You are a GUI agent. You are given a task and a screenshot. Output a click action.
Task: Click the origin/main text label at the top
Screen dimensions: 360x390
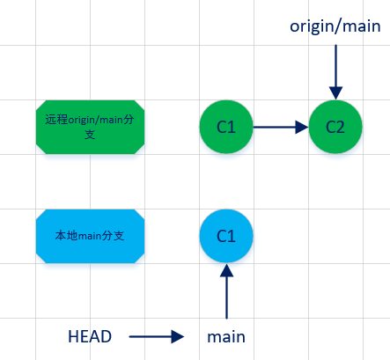(x=335, y=26)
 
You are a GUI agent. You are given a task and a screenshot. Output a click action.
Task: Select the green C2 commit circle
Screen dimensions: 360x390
(x=335, y=127)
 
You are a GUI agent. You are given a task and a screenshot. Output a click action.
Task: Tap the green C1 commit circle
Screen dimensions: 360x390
(x=226, y=127)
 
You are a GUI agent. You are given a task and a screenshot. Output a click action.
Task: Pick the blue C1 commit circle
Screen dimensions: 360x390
(x=226, y=236)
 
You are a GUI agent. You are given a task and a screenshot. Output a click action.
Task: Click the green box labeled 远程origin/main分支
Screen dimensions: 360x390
(x=90, y=127)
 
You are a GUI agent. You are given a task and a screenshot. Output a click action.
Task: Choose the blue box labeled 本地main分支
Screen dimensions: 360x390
(x=90, y=236)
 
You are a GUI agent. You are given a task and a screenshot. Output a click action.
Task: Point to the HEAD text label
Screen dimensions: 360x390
(x=90, y=336)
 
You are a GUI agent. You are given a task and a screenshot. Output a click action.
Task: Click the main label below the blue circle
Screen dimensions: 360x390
(x=226, y=336)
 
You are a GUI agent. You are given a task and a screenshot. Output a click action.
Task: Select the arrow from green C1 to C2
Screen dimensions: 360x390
(x=280, y=127)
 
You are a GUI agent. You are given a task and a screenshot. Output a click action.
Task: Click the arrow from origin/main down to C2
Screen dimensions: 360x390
(x=335, y=70)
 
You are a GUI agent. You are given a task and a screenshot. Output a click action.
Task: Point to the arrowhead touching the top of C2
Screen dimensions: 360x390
(x=335, y=92)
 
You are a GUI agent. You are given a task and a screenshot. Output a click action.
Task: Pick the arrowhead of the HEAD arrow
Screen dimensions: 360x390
(x=179, y=336)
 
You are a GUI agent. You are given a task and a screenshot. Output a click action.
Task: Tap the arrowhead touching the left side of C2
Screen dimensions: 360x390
(x=301, y=127)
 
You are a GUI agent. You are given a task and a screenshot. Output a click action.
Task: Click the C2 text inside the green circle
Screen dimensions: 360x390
(x=335, y=127)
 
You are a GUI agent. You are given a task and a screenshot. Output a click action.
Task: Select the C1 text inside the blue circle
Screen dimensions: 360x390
(x=226, y=236)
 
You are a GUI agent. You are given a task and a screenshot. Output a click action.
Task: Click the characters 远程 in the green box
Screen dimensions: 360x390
(x=55, y=120)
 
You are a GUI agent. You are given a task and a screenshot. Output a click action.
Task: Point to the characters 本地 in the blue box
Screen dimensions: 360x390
(x=65, y=236)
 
